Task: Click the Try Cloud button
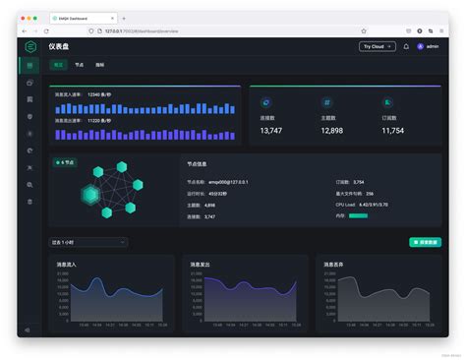point(378,46)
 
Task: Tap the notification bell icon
point(406,46)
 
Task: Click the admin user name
point(433,46)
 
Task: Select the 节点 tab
point(80,65)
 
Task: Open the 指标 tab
point(100,65)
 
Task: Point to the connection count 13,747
point(270,130)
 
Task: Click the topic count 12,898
point(332,130)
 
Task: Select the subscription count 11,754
point(393,130)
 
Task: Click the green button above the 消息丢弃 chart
point(425,242)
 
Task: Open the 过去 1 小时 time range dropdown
point(88,242)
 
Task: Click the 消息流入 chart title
point(66,265)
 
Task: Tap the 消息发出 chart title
point(201,265)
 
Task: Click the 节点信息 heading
point(197,164)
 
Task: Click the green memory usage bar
point(358,215)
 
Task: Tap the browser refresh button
point(46,30)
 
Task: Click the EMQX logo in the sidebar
point(30,46)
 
